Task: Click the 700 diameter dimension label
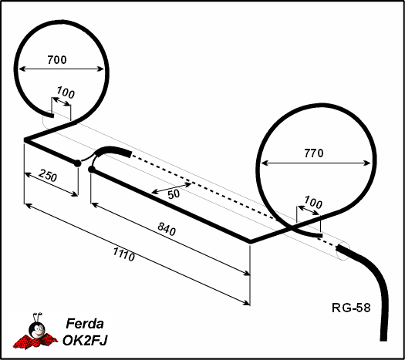(x=57, y=60)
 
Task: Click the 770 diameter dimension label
(x=313, y=153)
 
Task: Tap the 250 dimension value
(x=48, y=176)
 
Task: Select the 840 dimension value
(x=167, y=229)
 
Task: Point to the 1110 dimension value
(x=124, y=254)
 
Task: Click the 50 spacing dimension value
(x=174, y=194)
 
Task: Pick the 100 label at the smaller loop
(x=66, y=93)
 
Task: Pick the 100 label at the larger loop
(x=313, y=202)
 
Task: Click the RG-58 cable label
(x=351, y=308)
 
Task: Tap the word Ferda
(x=85, y=323)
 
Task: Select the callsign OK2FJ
(x=85, y=340)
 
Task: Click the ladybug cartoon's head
(x=38, y=329)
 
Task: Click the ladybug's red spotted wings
(x=35, y=341)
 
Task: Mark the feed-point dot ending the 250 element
(x=77, y=163)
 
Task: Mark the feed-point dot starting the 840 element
(x=92, y=170)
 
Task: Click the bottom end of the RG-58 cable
(x=384, y=339)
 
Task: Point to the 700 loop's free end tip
(x=53, y=116)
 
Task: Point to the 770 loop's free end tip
(x=322, y=236)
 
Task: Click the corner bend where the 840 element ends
(x=250, y=242)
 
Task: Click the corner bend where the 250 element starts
(x=25, y=140)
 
